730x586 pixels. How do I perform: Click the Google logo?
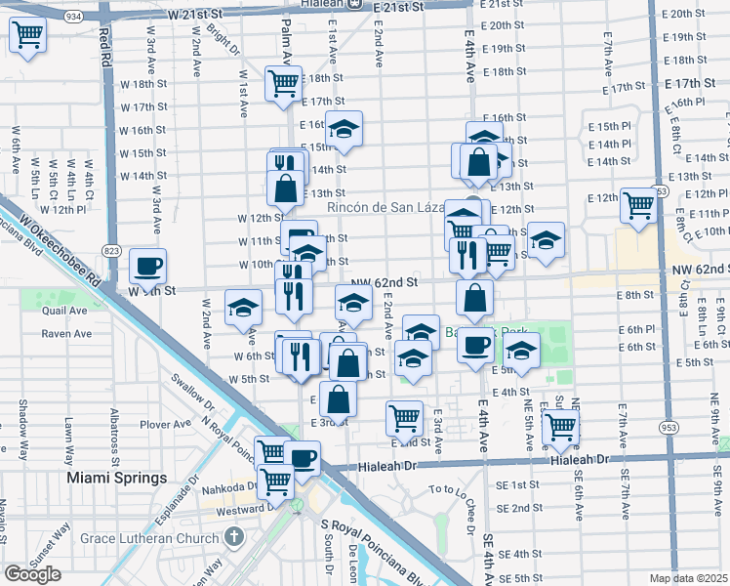pos(32,574)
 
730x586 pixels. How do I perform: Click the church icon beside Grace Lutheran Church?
pos(233,536)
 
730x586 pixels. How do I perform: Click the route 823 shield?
pos(112,250)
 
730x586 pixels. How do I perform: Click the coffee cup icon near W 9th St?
pos(148,265)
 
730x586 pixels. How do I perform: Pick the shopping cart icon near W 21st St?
pos(29,35)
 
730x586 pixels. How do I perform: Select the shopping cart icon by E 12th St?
pos(638,206)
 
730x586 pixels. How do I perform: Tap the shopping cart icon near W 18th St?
pos(283,84)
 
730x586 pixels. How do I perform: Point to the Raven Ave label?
pos(66,333)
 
